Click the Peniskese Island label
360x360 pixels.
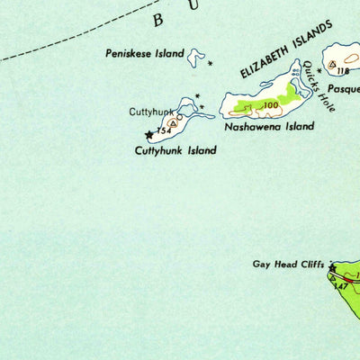144,54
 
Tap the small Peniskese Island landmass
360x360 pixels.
196,58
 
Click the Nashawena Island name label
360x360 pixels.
270,127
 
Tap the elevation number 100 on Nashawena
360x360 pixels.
270,106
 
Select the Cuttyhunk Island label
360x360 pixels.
175,150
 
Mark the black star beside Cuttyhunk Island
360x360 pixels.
149,136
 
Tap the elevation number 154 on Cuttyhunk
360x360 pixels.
163,131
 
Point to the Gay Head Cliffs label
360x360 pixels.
287,265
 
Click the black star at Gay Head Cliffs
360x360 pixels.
332,267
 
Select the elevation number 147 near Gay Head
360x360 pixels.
340,287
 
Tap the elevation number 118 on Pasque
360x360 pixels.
342,70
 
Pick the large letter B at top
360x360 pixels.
159,20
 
